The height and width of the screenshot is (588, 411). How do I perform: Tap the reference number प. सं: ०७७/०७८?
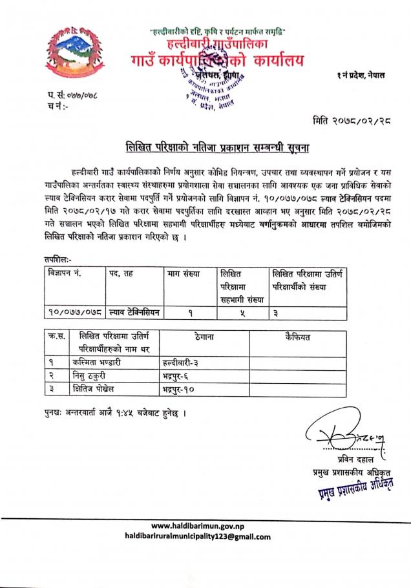pos(72,96)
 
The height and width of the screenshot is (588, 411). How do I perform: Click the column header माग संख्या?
pos(184,273)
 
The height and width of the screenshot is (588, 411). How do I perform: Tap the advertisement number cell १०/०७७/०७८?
pos(74,313)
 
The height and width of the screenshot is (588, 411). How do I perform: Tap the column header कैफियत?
pos(297,337)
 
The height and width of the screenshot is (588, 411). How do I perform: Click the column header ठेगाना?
pos(203,337)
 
